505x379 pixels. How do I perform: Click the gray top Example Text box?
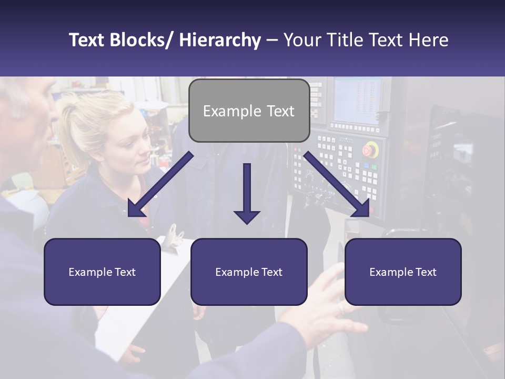(249, 111)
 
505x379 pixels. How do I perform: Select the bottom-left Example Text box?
(102, 272)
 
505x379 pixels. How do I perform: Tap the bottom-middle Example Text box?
(249, 272)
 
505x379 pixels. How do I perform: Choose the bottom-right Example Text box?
(403, 272)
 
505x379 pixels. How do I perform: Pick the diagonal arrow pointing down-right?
(337, 184)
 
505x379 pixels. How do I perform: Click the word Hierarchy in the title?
(220, 40)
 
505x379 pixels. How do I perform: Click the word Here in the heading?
(428, 40)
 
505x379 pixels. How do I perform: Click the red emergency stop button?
(370, 149)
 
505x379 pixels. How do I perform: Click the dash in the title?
(272, 40)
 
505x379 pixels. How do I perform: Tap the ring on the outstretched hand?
(341, 306)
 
